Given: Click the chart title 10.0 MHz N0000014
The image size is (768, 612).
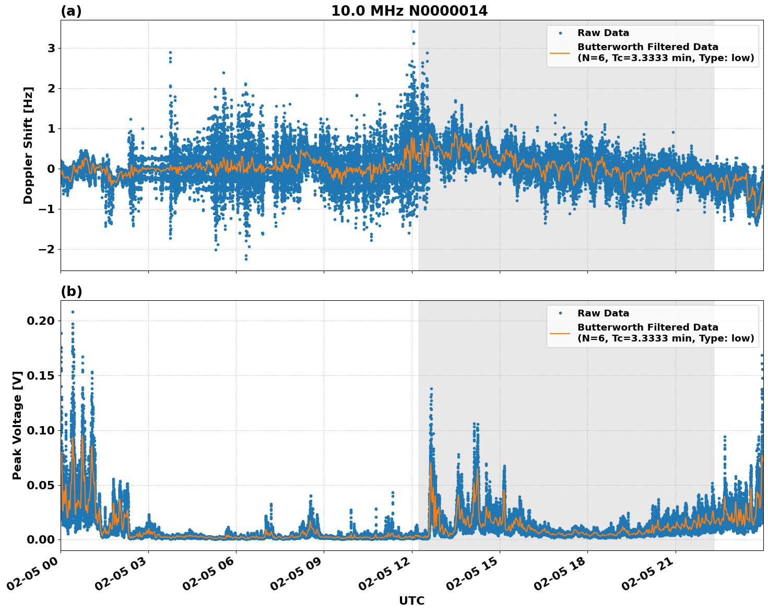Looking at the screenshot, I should click(x=409, y=11).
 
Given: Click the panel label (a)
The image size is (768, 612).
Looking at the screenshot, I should click(x=71, y=11).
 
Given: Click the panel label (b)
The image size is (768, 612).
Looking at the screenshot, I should click(x=71, y=291).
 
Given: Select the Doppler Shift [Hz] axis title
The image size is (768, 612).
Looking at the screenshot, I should click(x=28, y=145).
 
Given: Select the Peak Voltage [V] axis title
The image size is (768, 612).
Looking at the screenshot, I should click(x=17, y=425).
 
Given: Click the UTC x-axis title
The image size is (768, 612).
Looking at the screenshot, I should click(x=411, y=601).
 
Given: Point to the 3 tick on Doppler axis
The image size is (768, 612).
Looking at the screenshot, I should click(x=51, y=48).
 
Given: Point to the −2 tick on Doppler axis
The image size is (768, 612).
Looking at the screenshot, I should click(x=47, y=249).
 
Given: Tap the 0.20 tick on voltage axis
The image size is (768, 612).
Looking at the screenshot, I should click(x=41, y=321).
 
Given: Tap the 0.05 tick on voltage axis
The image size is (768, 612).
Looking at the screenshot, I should click(x=41, y=485).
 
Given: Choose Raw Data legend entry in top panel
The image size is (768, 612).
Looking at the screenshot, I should click(x=602, y=33).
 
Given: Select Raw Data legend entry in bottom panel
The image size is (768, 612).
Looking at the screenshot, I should click(x=602, y=313).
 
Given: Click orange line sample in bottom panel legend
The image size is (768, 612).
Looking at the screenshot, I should click(x=560, y=333).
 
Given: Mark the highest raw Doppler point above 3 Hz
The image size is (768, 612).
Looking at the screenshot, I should click(x=413, y=31).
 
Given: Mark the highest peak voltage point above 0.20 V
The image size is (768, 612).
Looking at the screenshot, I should click(x=73, y=312).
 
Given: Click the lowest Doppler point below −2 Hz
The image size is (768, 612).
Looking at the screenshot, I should click(x=246, y=259).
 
